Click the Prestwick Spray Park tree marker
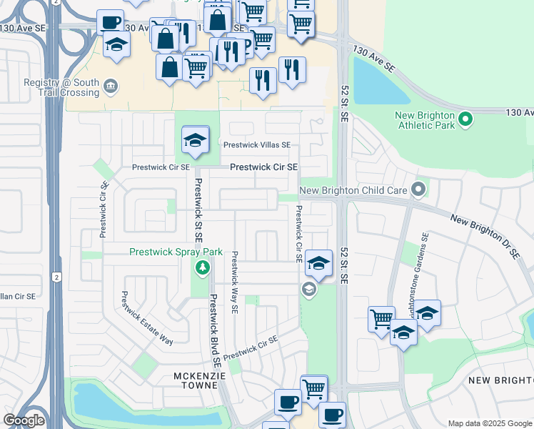(203, 268)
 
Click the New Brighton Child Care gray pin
(418, 189)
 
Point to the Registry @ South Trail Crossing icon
(111, 87)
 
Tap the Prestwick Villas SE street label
(257, 144)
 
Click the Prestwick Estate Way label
(147, 318)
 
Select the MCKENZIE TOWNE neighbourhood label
(200, 380)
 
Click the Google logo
(24, 420)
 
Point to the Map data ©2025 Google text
(489, 423)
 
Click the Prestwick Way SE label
(233, 281)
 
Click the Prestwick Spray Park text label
(176, 252)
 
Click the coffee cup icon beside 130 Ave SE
(110, 22)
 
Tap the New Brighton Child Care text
(353, 190)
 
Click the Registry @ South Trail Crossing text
(61, 87)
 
